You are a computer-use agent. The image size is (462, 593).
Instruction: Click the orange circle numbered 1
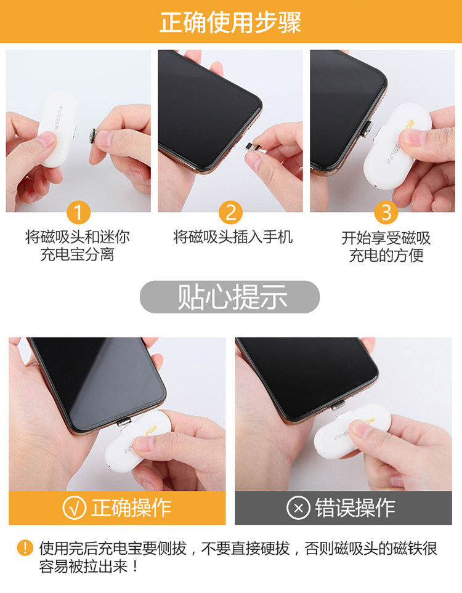(x=78, y=212)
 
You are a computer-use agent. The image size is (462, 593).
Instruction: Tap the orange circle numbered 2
(x=230, y=212)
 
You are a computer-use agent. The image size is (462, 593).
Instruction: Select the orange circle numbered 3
(x=386, y=212)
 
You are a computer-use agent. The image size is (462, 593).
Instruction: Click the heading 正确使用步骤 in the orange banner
(x=230, y=22)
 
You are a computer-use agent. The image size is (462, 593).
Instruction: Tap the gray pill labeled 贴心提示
(x=230, y=297)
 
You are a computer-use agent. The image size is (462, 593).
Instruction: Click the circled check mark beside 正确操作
(x=74, y=507)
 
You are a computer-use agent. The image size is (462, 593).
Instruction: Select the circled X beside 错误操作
(x=299, y=507)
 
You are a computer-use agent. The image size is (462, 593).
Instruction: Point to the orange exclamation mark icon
(x=25, y=547)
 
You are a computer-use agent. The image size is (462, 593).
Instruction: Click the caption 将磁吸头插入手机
(x=233, y=238)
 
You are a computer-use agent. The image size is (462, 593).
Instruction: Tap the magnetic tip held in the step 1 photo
(x=92, y=137)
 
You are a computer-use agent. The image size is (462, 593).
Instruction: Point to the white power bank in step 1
(x=58, y=129)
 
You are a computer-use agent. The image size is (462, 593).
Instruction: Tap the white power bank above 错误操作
(x=352, y=431)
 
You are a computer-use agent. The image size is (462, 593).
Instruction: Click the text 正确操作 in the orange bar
(x=131, y=507)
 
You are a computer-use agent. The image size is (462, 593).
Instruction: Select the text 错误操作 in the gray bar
(x=355, y=507)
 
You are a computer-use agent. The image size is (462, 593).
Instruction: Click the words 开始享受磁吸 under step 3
(x=386, y=238)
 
